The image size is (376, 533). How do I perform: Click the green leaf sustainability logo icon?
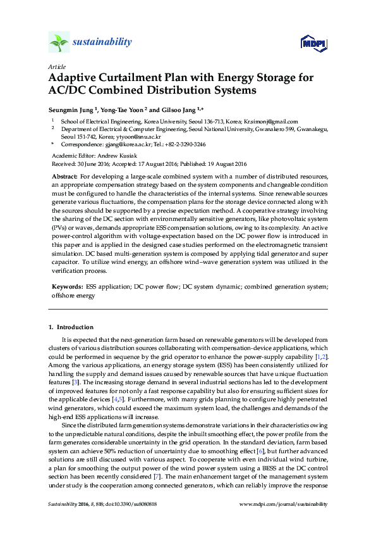[x=58, y=43]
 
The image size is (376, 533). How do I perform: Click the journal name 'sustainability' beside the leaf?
[x=102, y=42]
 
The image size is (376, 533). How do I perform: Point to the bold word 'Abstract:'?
[x=64, y=175]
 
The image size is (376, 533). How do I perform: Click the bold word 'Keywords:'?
[x=66, y=286]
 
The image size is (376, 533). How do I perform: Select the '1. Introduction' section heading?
[x=71, y=327]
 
